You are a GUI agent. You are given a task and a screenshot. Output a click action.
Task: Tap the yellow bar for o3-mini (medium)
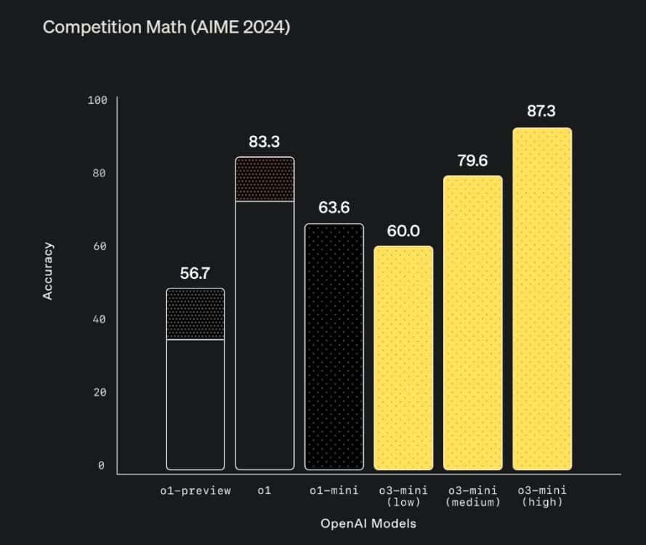(x=472, y=323)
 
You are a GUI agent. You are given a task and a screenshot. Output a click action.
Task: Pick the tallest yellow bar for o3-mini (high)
(x=542, y=299)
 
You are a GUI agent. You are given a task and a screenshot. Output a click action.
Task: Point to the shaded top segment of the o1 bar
(x=265, y=179)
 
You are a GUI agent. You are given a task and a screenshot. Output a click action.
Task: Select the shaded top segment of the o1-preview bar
(x=195, y=314)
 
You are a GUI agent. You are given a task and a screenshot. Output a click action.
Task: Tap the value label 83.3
(x=265, y=142)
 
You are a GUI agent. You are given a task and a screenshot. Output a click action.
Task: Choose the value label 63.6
(x=334, y=209)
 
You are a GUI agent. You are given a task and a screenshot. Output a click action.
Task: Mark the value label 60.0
(x=403, y=231)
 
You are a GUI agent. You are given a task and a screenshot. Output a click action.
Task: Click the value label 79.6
(x=472, y=161)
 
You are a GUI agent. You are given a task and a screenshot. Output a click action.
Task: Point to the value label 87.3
(x=542, y=113)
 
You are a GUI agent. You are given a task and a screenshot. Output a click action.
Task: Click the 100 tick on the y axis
(x=97, y=100)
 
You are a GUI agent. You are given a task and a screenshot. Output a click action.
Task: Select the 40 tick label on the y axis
(x=100, y=319)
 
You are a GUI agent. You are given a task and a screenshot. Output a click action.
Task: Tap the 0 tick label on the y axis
(x=102, y=466)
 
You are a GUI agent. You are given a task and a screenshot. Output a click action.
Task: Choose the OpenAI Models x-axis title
(x=368, y=522)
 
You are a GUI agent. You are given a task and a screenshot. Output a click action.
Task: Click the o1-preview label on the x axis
(x=195, y=490)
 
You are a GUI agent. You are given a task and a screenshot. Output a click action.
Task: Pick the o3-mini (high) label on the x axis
(x=542, y=496)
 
